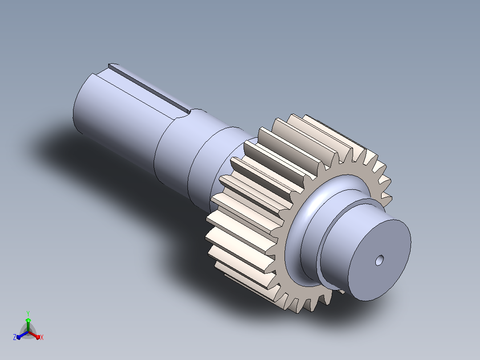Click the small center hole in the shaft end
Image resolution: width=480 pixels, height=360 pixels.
tap(379, 261)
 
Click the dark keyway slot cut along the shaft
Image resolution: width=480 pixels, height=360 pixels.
tap(150, 88)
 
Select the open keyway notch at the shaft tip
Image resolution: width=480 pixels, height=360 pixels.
tap(113, 65)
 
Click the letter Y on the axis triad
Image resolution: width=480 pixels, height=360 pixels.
tap(28, 313)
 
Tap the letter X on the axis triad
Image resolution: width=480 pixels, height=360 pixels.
tap(42, 337)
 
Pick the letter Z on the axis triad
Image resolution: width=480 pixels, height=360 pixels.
tap(14, 337)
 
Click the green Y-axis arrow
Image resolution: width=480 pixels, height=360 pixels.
tap(28, 324)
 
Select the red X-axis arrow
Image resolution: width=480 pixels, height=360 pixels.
tap(34, 335)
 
